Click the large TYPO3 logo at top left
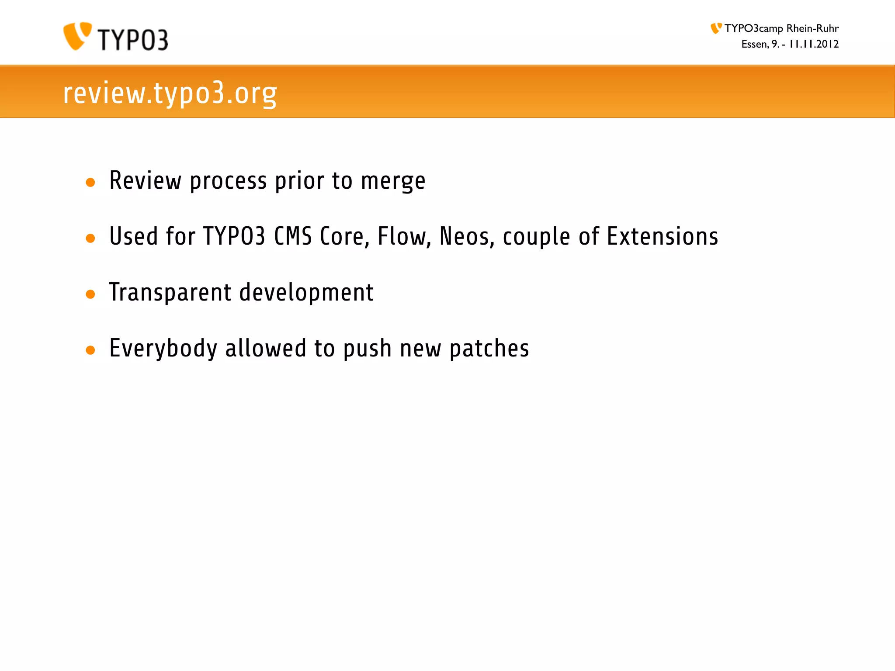(x=115, y=37)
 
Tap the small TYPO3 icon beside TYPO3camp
(x=716, y=28)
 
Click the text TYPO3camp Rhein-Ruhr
(x=781, y=28)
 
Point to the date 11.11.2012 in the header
(x=814, y=44)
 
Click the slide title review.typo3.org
(x=170, y=93)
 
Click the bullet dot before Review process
(x=90, y=183)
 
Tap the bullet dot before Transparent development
(x=90, y=294)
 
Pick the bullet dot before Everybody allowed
(x=90, y=350)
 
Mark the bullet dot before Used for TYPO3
(x=90, y=239)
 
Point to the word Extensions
(x=663, y=237)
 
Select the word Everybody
(x=163, y=349)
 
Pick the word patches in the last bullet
(x=489, y=349)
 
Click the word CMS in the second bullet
(x=293, y=237)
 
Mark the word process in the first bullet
(x=228, y=181)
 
